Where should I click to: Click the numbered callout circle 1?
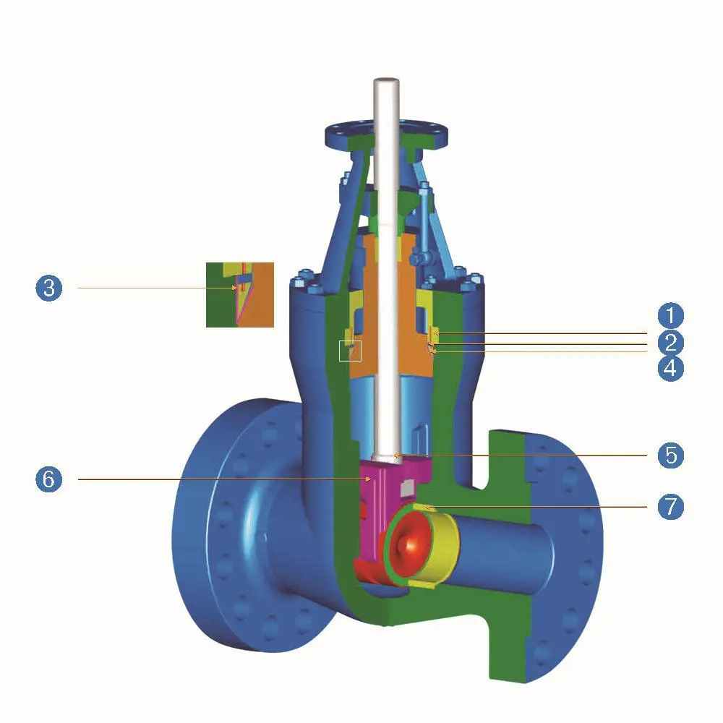[x=670, y=315]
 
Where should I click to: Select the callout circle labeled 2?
[x=670, y=342]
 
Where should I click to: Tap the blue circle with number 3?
[x=48, y=288]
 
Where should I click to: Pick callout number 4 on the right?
[x=670, y=368]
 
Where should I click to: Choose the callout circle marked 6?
[x=48, y=479]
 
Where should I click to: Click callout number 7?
[x=670, y=507]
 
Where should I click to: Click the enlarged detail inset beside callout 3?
[x=240, y=295]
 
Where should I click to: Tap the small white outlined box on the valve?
[x=350, y=351]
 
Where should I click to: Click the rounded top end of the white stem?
[x=386, y=82]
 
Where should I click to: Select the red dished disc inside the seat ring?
[x=408, y=544]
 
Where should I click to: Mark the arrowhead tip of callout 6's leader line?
[x=372, y=479]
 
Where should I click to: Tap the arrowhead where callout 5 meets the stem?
[x=395, y=455]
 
